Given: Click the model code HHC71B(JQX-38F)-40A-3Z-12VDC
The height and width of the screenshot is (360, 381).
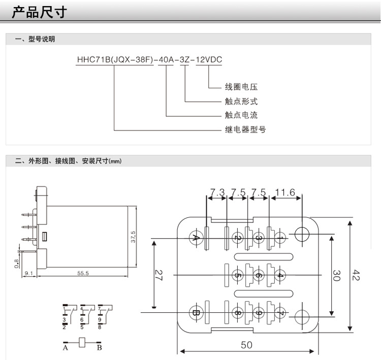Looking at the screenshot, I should click(149, 59).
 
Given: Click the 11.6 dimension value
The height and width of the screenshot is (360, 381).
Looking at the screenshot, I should click(285, 192).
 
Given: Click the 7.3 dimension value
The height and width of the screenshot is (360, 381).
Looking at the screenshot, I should click(217, 192).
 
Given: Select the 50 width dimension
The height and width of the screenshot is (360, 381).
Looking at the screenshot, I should click(246, 345).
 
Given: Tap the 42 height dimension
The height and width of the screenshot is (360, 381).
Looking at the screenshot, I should click(357, 275).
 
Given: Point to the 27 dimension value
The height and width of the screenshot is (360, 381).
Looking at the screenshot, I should click(158, 275).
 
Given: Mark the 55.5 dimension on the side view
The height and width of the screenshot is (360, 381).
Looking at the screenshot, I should click(83, 274).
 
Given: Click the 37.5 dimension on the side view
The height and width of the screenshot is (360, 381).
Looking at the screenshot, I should click(133, 237).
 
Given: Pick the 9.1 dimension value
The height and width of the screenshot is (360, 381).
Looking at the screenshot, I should click(28, 274).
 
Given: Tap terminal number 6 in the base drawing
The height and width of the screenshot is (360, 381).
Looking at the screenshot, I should click(259, 275).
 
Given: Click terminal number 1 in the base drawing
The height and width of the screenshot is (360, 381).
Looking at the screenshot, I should click(279, 238).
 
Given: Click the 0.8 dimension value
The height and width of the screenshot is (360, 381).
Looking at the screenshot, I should click(17, 263).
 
